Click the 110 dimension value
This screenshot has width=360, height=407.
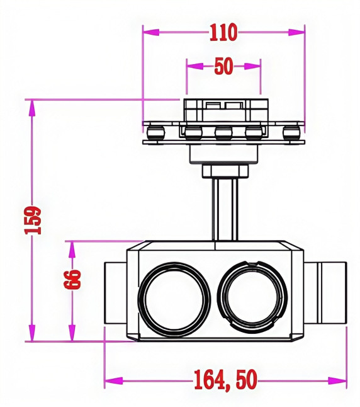click(x=223, y=32)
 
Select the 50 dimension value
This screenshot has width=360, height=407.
click(x=223, y=66)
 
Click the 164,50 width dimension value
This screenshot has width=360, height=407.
click(x=224, y=380)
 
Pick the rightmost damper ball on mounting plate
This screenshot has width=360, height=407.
click(x=292, y=132)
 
